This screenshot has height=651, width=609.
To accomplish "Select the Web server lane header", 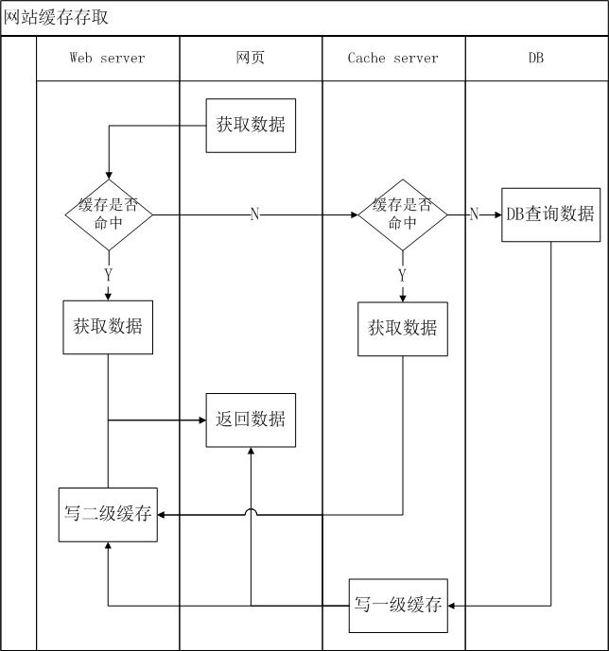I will tap(107, 59).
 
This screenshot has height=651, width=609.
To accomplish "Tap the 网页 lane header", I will tap(251, 59).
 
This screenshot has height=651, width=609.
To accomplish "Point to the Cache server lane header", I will tap(393, 59).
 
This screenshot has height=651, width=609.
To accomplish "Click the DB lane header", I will tap(535, 59).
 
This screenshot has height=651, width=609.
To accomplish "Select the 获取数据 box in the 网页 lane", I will tap(251, 125).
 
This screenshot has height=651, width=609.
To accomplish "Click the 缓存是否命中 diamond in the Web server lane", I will tap(109, 214).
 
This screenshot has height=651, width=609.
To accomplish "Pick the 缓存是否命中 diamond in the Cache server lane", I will tap(402, 214).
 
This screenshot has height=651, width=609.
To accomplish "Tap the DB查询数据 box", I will tap(550, 214).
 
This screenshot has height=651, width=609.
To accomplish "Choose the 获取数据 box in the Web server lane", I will tap(108, 327).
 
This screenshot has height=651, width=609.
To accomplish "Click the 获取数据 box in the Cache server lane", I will tap(402, 329).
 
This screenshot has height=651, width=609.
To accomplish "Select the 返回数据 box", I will tap(251, 420).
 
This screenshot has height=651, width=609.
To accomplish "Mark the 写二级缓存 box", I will tap(108, 515).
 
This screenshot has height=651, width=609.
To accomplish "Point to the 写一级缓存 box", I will tap(398, 606).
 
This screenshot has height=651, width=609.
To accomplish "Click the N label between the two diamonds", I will tap(254, 214).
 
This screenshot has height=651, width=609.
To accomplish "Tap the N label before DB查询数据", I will tap(474, 214).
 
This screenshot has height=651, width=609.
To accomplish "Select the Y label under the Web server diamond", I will tap(108, 274).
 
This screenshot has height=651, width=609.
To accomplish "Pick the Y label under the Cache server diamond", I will tap(402, 275).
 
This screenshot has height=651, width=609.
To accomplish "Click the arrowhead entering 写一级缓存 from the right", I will tap(453, 606).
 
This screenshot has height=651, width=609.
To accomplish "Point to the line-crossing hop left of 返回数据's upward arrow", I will tap(251, 512).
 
